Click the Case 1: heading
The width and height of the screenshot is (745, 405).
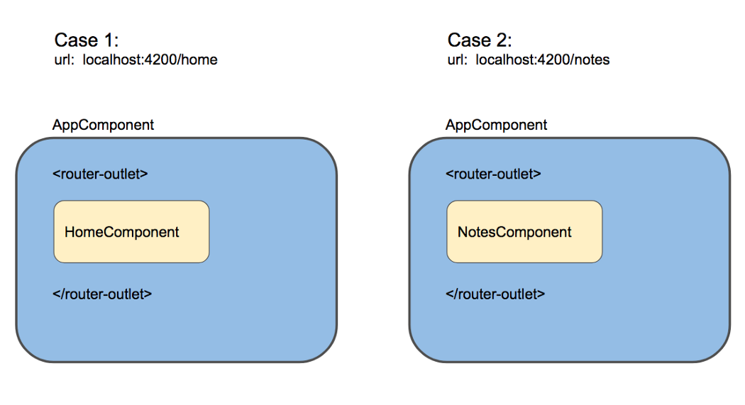coord(86,40)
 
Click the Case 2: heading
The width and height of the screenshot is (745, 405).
coord(480,40)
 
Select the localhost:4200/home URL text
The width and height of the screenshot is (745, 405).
coord(150,60)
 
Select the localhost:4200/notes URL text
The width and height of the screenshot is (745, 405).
coord(543,60)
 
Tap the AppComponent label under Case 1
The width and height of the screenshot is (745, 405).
coord(103,125)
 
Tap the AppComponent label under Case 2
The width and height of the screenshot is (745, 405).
coord(496,125)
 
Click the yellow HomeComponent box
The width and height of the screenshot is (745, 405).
coord(131,232)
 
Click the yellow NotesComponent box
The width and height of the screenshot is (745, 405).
coord(524,232)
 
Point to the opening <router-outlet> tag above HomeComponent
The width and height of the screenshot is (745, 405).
coord(100,174)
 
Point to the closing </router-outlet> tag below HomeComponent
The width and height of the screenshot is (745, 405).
coord(102,294)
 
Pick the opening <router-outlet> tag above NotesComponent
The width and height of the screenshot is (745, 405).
coord(493,174)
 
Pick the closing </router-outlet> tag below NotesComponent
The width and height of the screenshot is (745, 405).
coord(495,294)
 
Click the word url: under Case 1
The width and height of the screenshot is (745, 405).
coord(64,60)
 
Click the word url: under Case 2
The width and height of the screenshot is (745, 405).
coord(457,60)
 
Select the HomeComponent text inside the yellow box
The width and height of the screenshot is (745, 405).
coord(121,232)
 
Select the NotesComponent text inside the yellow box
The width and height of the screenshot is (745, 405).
coord(514,232)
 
